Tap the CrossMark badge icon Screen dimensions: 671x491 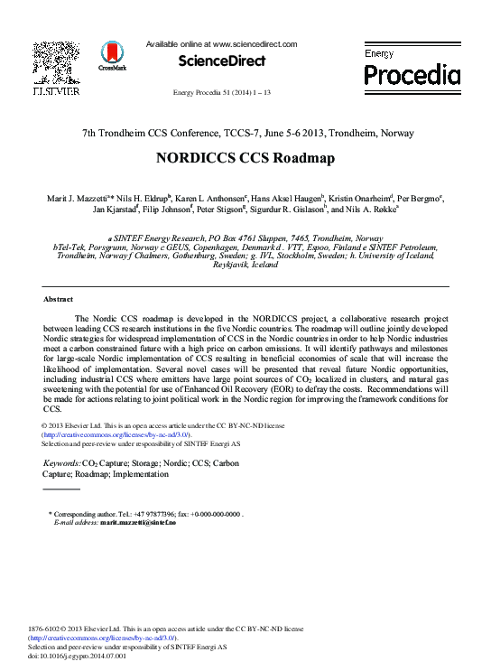[113, 55]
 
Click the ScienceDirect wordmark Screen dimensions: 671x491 [221, 61]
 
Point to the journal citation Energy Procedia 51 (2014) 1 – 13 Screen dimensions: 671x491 [221, 93]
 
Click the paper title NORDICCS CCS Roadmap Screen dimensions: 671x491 [245, 157]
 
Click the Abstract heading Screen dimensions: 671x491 [58, 298]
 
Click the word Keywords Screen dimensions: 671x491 [61, 463]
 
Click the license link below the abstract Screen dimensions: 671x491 [116, 434]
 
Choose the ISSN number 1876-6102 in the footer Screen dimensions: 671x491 [46, 628]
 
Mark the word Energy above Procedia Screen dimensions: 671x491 [379, 54]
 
